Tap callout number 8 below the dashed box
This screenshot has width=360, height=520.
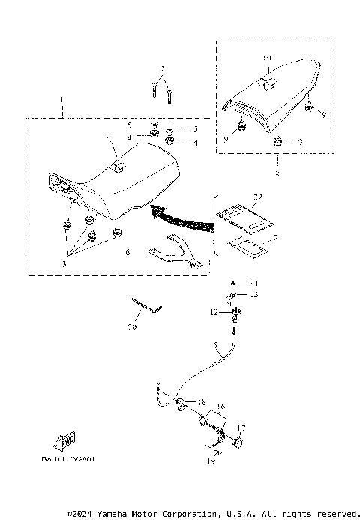tap(277, 174)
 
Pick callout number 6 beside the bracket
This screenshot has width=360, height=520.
tap(127, 254)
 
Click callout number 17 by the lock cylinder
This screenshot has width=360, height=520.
tap(241, 428)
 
